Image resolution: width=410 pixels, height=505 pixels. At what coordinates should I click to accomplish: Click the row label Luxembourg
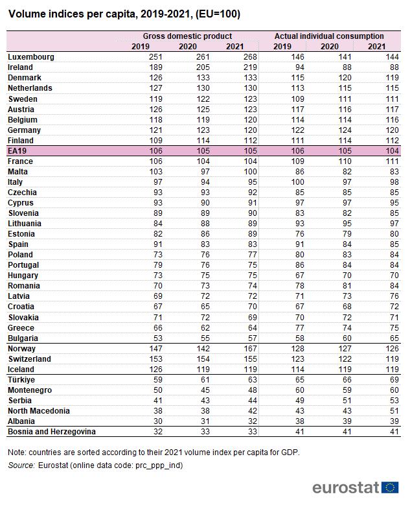coord(30,57)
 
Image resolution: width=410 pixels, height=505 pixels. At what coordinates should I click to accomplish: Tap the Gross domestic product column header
coord(187,36)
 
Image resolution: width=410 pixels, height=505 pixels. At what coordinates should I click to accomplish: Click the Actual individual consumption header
coord(328,36)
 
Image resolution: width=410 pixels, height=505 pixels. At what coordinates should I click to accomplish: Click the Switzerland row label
coord(30,358)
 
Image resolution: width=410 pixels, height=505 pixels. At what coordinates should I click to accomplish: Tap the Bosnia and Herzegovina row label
coord(51,431)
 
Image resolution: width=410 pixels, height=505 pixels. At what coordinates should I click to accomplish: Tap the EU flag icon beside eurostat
coord(391,487)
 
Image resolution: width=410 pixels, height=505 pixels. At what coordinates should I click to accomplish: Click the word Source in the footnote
coord(21,465)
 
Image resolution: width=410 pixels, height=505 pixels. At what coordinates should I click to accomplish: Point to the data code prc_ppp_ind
coord(159,465)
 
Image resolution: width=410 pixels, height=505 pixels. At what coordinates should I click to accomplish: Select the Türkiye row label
coord(22,379)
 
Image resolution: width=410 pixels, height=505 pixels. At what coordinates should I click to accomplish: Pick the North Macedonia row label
coord(38,410)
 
